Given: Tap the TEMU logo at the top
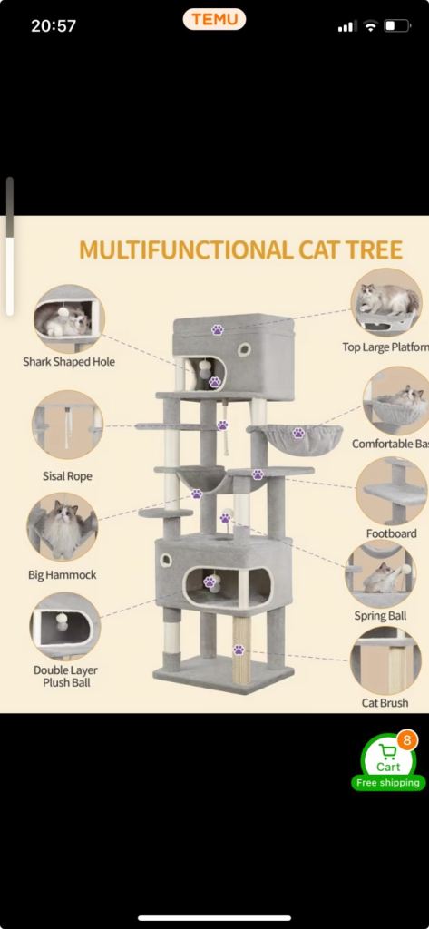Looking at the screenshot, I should point(214,19).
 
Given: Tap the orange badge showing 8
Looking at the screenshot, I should point(406,739).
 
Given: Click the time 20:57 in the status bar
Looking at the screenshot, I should point(54,25).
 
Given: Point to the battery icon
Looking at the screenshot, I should point(396,26).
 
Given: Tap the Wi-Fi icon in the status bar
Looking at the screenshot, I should point(370,26).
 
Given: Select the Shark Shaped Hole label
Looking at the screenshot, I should point(69,362).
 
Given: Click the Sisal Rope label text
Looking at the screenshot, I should point(67,475).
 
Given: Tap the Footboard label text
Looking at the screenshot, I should point(391,533).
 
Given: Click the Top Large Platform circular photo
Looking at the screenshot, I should point(386,301).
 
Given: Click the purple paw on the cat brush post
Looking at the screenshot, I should point(239,650).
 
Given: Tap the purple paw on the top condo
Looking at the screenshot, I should point(218,329).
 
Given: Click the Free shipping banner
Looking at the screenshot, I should point(387,782).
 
